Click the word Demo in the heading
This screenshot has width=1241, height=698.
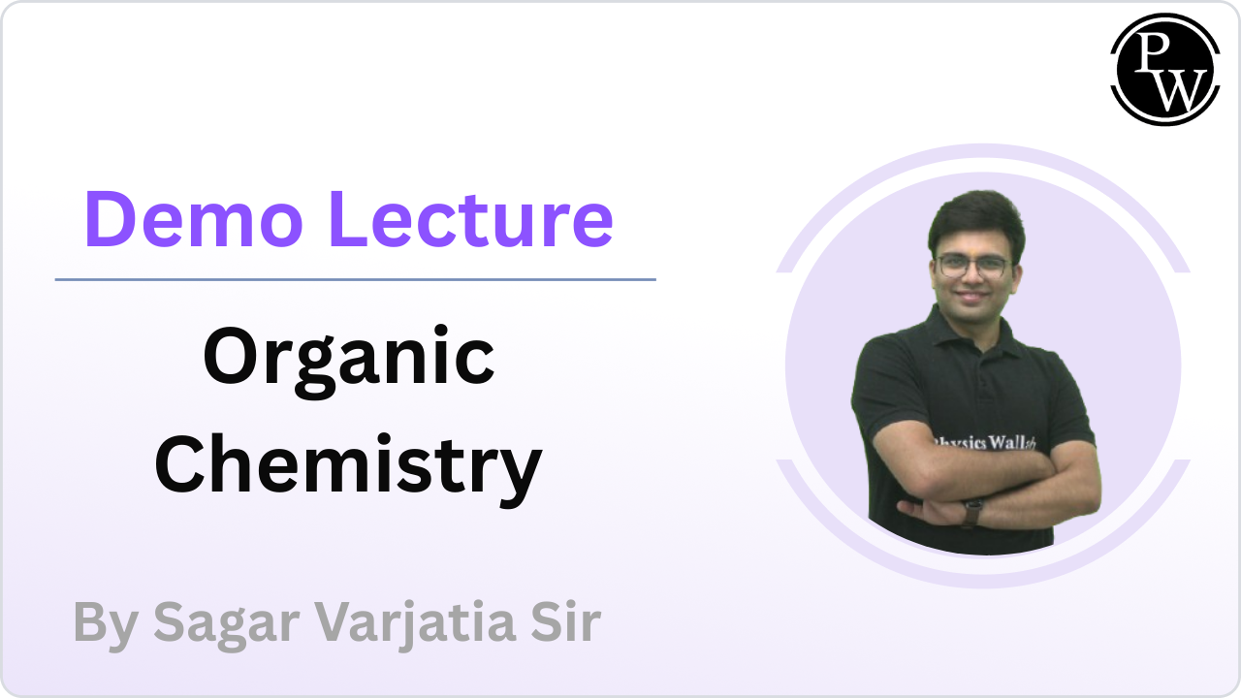tap(194, 219)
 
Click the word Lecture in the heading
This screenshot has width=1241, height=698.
tap(471, 219)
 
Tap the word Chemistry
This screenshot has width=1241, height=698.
tap(348, 465)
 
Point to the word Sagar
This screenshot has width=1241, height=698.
tap(226, 624)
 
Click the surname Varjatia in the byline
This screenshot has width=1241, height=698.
tap(416, 622)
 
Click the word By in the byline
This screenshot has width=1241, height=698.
tap(106, 624)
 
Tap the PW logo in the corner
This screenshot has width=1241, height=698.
tap(1165, 69)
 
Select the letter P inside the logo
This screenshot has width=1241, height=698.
tap(1152, 51)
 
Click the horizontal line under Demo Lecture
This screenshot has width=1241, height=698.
tap(355, 280)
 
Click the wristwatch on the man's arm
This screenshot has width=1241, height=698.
tap(971, 513)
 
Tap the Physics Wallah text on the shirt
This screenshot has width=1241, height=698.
tap(984, 443)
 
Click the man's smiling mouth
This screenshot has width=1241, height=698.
tap(972, 295)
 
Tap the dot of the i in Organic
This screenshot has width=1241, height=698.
tap(441, 332)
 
